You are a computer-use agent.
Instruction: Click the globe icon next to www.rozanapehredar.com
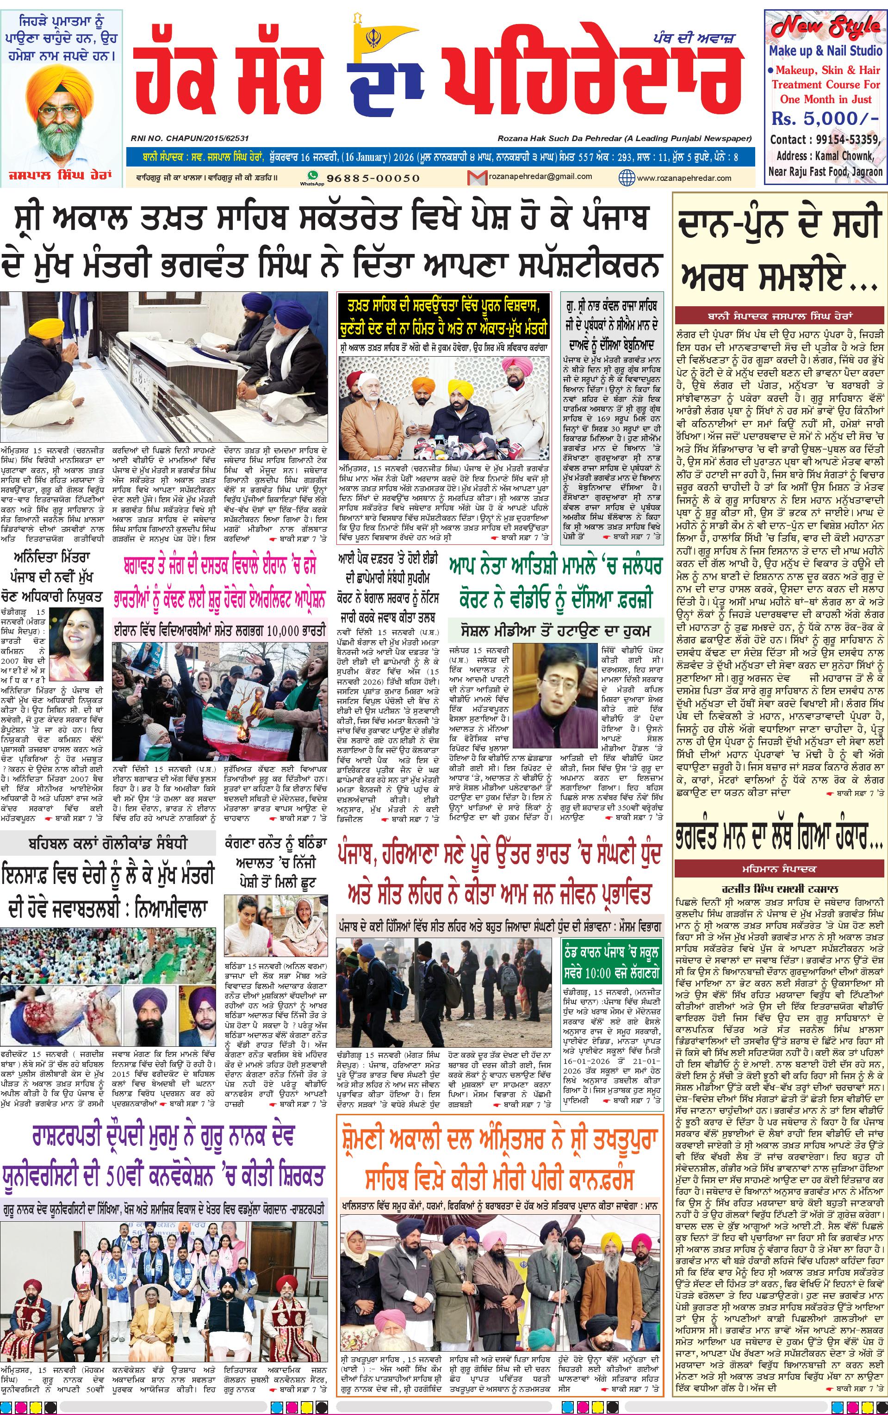[x=627, y=177]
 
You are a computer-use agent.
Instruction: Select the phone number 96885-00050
[x=373, y=178]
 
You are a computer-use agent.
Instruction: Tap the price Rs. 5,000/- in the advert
[x=825, y=118]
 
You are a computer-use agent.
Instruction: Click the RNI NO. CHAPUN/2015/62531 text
[x=190, y=138]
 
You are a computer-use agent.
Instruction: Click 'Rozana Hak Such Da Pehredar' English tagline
[x=624, y=138]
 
